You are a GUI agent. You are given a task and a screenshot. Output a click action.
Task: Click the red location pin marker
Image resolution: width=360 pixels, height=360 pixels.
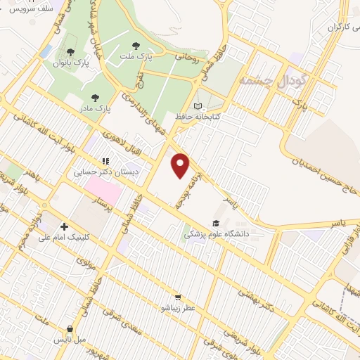[x=181, y=166]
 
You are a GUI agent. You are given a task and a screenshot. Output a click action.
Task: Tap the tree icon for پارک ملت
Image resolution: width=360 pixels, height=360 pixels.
[x=146, y=46]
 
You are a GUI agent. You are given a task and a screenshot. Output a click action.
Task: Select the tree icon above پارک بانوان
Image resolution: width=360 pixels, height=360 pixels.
[x=70, y=51]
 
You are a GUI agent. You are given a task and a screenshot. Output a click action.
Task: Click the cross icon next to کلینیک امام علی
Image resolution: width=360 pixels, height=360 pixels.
[x=64, y=226]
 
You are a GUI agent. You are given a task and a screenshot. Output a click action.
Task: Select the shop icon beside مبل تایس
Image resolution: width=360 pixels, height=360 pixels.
[x=70, y=329]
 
